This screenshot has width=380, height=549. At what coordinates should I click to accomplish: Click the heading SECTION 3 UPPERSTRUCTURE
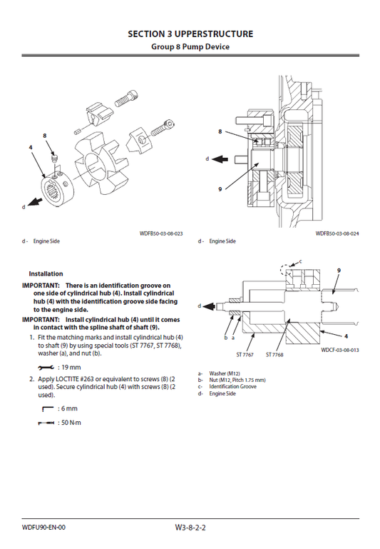click(x=190, y=34)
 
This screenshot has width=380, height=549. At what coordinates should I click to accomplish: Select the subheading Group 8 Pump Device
click(x=190, y=46)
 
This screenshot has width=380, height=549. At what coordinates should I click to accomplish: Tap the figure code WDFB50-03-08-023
click(x=161, y=233)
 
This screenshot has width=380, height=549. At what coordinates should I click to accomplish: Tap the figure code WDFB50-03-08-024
click(x=337, y=233)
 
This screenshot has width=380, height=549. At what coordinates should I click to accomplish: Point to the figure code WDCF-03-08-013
click(x=339, y=351)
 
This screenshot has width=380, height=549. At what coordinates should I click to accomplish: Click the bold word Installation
click(x=46, y=273)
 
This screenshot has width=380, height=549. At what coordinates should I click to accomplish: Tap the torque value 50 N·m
click(x=71, y=423)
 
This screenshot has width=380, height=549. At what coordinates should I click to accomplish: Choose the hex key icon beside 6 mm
click(x=48, y=409)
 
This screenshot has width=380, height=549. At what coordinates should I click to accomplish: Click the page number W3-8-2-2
click(x=190, y=528)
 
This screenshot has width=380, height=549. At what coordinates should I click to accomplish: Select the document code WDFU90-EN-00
click(x=43, y=528)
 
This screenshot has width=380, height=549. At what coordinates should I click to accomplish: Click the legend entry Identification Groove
click(x=232, y=387)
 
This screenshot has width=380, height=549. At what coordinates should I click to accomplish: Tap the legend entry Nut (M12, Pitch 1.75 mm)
click(x=237, y=380)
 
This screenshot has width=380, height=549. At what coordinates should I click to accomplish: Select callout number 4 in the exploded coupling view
click(x=31, y=147)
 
